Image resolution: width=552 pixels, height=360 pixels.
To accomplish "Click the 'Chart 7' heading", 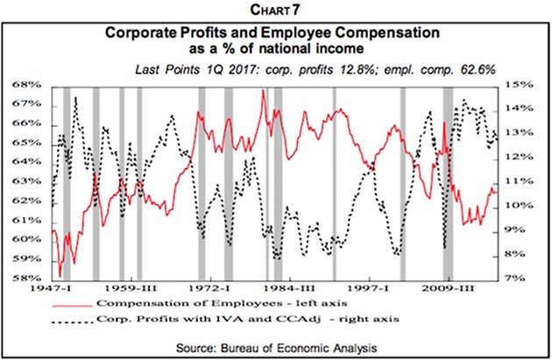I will tap(277, 11).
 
